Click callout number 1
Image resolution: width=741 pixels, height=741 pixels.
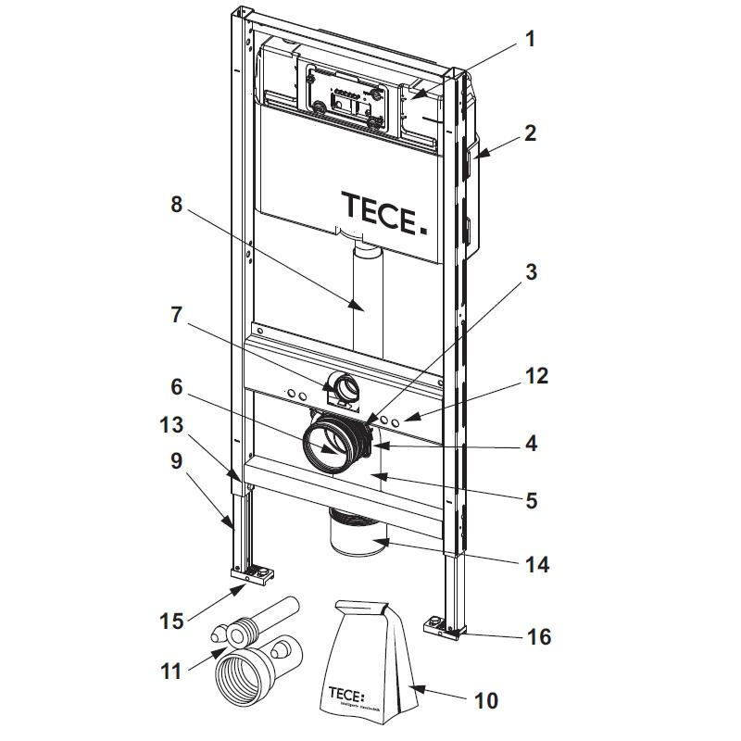click(530, 39)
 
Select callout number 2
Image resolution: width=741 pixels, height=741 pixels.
click(530, 132)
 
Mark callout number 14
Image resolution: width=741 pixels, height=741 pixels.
click(536, 563)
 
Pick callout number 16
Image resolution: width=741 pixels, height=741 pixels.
click(538, 636)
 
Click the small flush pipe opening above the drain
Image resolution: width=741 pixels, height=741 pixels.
click(345, 384)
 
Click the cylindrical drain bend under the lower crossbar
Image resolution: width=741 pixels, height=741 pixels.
click(358, 534)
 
